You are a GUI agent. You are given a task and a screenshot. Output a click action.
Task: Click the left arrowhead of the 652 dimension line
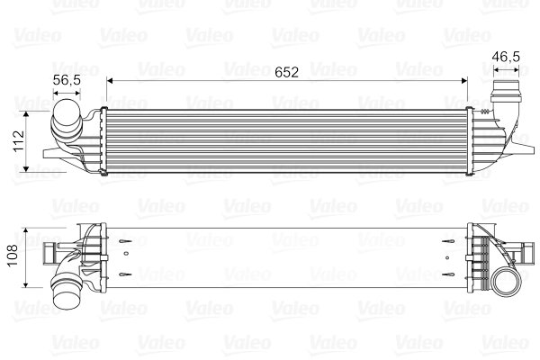click(111, 81)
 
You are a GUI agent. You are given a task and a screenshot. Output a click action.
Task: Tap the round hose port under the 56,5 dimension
click(65, 118)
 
